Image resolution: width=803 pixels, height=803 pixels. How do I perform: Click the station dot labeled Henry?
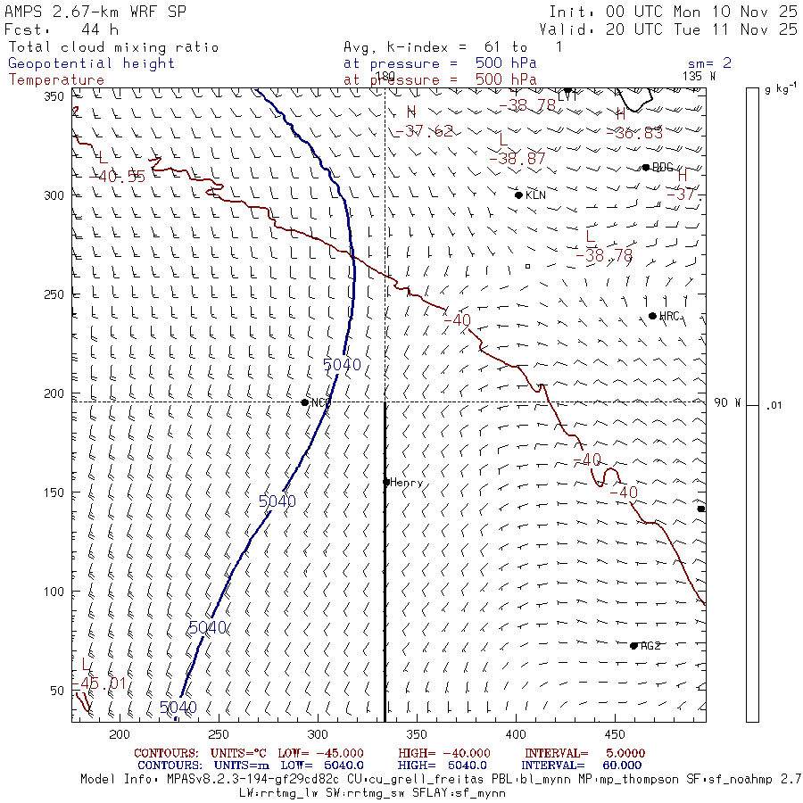386,482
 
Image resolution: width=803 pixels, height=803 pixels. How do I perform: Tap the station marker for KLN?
518,195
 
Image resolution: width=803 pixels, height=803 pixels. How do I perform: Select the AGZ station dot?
633,645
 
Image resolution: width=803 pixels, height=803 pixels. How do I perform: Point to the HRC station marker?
652,316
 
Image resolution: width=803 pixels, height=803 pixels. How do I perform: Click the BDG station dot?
646,167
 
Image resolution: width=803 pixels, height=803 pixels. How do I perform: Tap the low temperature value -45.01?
101,683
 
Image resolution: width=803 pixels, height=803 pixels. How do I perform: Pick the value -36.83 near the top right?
639,133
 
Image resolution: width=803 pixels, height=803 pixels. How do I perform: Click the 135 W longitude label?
699,76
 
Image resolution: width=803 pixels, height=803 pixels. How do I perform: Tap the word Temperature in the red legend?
56,79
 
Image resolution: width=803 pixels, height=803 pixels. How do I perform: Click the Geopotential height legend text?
92,63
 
